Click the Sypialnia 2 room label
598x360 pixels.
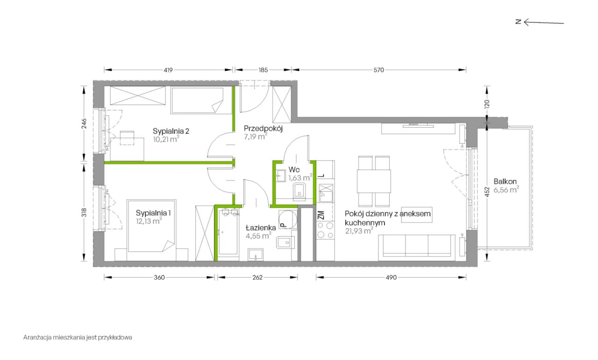pyautogui.click(x=171, y=131)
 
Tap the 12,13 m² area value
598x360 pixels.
pyautogui.click(x=149, y=221)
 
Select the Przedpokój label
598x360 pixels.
pyautogui.click(x=263, y=129)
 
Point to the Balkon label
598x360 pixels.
pyautogui.click(x=505, y=181)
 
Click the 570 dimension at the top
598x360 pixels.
pyautogui.click(x=378, y=70)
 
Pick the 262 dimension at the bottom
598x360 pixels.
pyautogui.click(x=257, y=277)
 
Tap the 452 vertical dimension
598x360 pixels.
pyautogui.click(x=487, y=192)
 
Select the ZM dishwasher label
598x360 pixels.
pyautogui.click(x=321, y=215)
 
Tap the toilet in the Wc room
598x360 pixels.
pyautogui.click(x=299, y=192)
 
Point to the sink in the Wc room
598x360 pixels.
pyautogui.click(x=281, y=176)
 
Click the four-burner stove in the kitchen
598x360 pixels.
pyautogui.click(x=325, y=230)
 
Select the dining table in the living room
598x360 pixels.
pyautogui.click(x=374, y=181)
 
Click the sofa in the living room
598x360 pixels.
pyautogui.click(x=417, y=247)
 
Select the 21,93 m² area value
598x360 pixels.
pyautogui.click(x=359, y=231)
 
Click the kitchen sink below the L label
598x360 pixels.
pyautogui.click(x=326, y=193)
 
